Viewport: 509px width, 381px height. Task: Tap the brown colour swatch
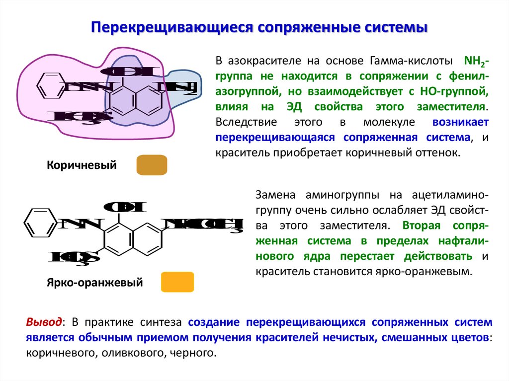152,165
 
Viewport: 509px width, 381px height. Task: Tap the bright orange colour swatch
177,282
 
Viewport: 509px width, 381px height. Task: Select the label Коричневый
82,165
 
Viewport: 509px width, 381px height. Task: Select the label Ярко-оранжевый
95,283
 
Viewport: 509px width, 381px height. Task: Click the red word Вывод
44,322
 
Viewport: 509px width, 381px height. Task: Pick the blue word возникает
460,122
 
